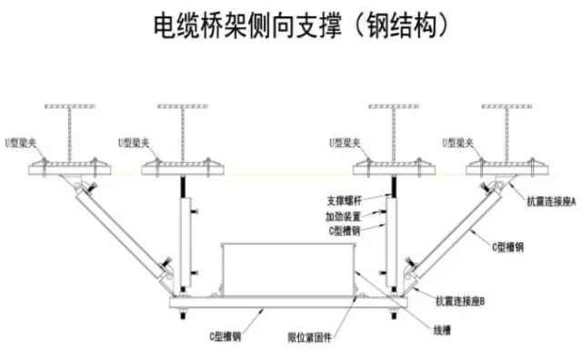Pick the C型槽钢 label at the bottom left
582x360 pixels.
coord(225,336)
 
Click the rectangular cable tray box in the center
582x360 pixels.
coord(286,265)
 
